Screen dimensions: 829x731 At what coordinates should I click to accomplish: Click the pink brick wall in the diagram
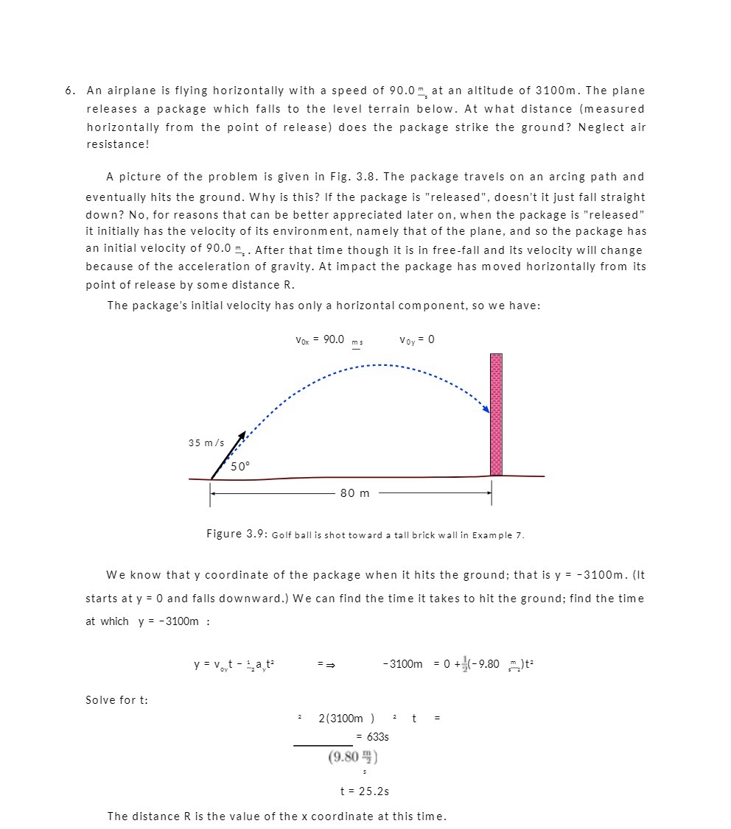coord(496,415)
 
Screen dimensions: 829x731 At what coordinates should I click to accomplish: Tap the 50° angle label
coord(240,466)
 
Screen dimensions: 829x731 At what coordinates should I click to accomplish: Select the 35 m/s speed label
coord(206,442)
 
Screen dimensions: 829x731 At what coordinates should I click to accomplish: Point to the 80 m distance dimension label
coord(355,493)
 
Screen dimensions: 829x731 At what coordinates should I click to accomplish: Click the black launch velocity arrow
coord(228,454)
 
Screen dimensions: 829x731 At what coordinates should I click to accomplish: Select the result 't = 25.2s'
coord(364,791)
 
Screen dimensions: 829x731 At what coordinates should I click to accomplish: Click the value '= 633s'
coord(372,736)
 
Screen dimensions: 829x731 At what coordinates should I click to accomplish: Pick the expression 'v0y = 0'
coord(416,339)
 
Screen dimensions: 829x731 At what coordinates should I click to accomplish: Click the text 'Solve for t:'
coord(116,699)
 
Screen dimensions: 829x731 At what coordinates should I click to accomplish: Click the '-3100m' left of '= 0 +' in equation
coord(403,664)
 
